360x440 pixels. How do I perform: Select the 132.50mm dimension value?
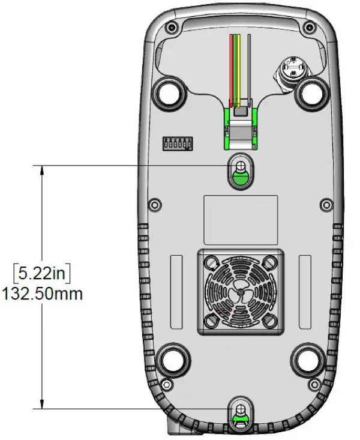tap(42, 294)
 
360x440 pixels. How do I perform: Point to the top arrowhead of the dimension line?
tap(42, 170)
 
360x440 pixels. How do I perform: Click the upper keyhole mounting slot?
tap(240, 172)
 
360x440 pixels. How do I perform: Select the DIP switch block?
tap(178, 143)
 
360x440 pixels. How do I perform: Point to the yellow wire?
tap(238, 66)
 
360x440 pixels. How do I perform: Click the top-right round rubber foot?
tap(312, 92)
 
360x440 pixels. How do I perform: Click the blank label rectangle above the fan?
tap(240, 219)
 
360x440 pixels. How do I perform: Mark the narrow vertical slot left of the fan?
tap(176, 291)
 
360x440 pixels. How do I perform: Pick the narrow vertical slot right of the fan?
tap(305, 291)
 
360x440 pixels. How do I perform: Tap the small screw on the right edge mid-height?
tap(325, 205)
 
